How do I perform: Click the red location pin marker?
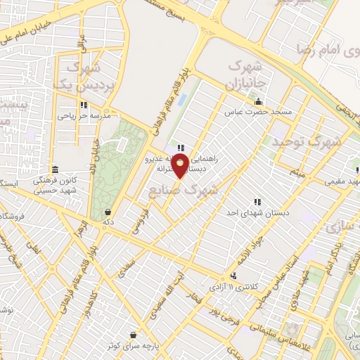(181, 166)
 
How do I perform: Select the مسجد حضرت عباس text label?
(253, 112)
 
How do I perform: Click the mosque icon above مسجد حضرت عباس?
(259, 101)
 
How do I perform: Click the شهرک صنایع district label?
(184, 189)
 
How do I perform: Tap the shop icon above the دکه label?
(107, 212)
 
